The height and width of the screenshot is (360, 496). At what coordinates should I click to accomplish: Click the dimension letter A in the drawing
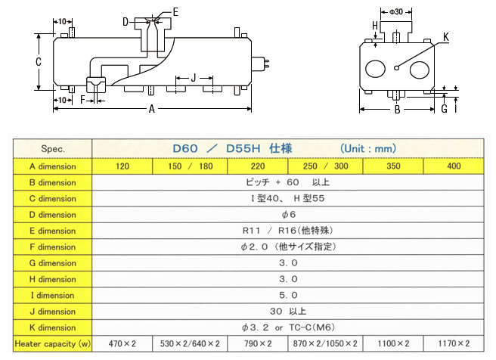(x=151, y=110)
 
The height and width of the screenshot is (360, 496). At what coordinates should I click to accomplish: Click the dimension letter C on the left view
(x=39, y=62)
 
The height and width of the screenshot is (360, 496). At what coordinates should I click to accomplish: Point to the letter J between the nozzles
(x=193, y=78)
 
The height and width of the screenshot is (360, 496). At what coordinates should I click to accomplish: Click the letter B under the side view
(x=396, y=110)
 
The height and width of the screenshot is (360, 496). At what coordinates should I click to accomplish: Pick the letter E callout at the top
(x=175, y=11)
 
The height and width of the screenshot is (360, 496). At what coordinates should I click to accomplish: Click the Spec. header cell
(x=53, y=149)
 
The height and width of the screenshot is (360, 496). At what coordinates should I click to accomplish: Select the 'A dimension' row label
(x=53, y=166)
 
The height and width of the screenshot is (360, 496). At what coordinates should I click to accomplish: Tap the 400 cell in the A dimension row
(x=453, y=166)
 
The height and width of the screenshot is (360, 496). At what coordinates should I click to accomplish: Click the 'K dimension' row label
(x=53, y=327)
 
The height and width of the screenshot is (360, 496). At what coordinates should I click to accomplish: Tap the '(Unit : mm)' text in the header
(x=367, y=149)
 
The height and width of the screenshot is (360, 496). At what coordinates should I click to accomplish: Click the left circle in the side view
(x=376, y=69)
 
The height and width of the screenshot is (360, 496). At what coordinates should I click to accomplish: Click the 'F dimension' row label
(x=53, y=247)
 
